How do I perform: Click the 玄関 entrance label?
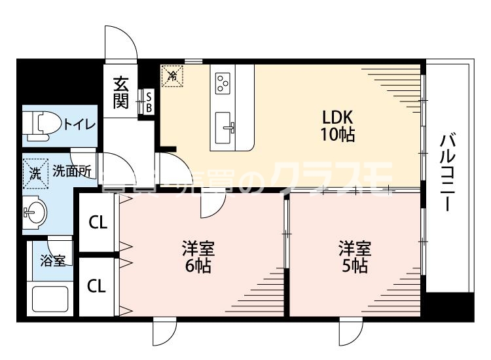(x=120, y=92)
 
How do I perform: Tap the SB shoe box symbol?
(x=149, y=102)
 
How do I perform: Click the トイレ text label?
(x=80, y=124)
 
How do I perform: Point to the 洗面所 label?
(x=71, y=173)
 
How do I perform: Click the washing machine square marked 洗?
(x=34, y=173)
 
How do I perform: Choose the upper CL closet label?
(x=98, y=223)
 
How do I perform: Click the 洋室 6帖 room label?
(x=197, y=257)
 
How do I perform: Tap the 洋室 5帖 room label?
(x=354, y=257)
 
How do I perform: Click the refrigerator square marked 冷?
(x=173, y=76)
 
